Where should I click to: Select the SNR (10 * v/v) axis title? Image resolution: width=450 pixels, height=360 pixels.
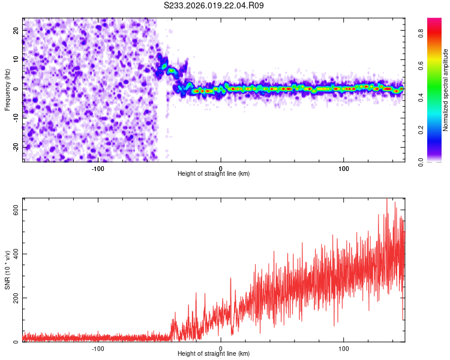click(x=7, y=270)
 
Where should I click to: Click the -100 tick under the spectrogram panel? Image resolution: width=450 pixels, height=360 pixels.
click(x=98, y=168)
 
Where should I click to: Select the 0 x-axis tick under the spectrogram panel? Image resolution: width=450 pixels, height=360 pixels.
click(x=221, y=168)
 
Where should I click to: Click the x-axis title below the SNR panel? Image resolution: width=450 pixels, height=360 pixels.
click(x=214, y=354)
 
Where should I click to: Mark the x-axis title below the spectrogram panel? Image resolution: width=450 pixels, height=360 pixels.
click(x=214, y=174)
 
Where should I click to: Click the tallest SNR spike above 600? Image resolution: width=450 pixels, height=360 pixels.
click(x=386, y=200)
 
